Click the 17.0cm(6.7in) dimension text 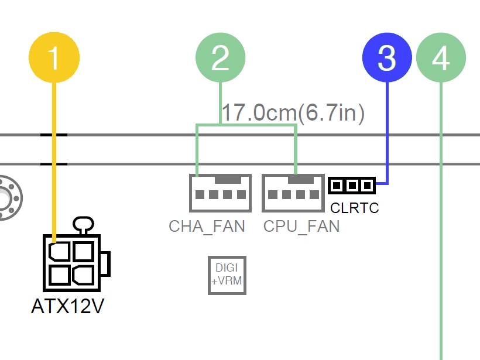(293, 112)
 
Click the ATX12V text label (67, 306)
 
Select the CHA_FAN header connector (220, 193)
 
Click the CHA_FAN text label (207, 226)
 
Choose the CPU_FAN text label (301, 226)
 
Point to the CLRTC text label (355, 208)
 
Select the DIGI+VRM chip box (227, 275)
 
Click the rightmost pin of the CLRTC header (367, 186)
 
